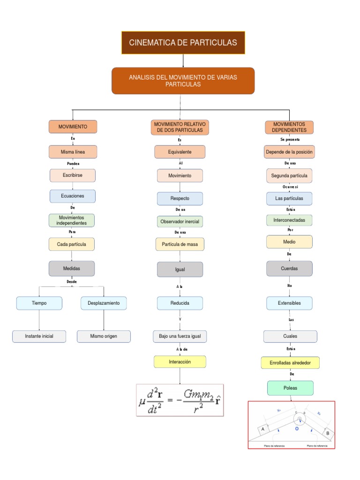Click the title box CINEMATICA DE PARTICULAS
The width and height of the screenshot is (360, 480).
point(183,43)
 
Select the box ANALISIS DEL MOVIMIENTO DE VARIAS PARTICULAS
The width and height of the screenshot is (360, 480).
point(183,81)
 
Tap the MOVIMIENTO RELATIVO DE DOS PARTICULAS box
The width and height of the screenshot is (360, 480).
point(180,127)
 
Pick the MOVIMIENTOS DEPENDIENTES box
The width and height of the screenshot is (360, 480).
point(289,127)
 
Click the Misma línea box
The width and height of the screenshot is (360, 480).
point(73,152)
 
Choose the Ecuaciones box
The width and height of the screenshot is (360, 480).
point(73,196)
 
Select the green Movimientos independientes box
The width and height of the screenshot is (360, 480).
point(72,220)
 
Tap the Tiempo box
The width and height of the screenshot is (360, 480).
point(39,303)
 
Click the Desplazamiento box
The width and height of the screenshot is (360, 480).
point(104,303)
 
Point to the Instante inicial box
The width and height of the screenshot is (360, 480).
point(39,336)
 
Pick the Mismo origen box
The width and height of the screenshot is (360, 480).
point(104,336)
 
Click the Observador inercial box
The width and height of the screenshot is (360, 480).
point(180,221)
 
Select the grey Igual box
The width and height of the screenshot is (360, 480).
point(180,270)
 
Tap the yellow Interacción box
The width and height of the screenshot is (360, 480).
point(180,362)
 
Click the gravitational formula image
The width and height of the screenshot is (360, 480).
point(180,400)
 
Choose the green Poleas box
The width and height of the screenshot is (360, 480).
point(289,388)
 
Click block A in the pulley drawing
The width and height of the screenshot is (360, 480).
point(263,429)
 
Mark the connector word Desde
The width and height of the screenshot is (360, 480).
point(71,282)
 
